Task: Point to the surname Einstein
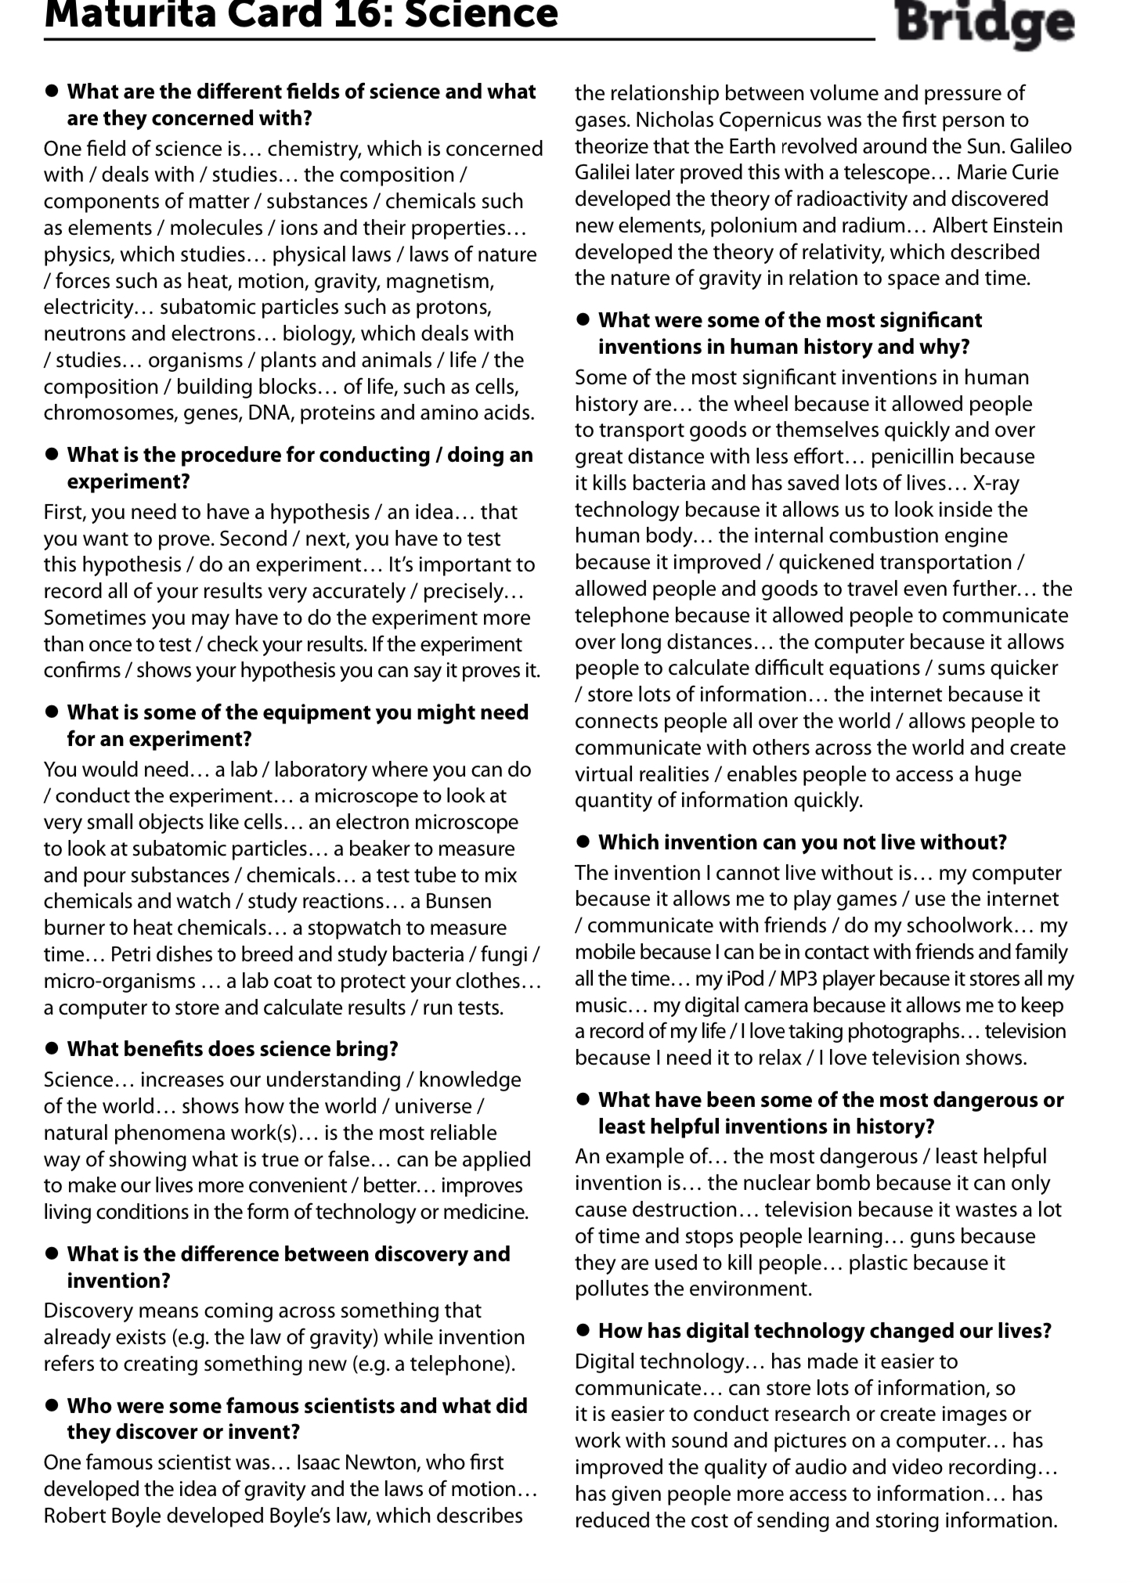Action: pyautogui.click(x=1021, y=225)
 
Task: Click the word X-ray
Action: pyautogui.click(x=994, y=483)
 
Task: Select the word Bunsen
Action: pyautogui.click(x=458, y=901)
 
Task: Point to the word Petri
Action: pyautogui.click(x=135, y=954)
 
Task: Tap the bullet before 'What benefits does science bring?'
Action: pyautogui.click(x=52, y=1048)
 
